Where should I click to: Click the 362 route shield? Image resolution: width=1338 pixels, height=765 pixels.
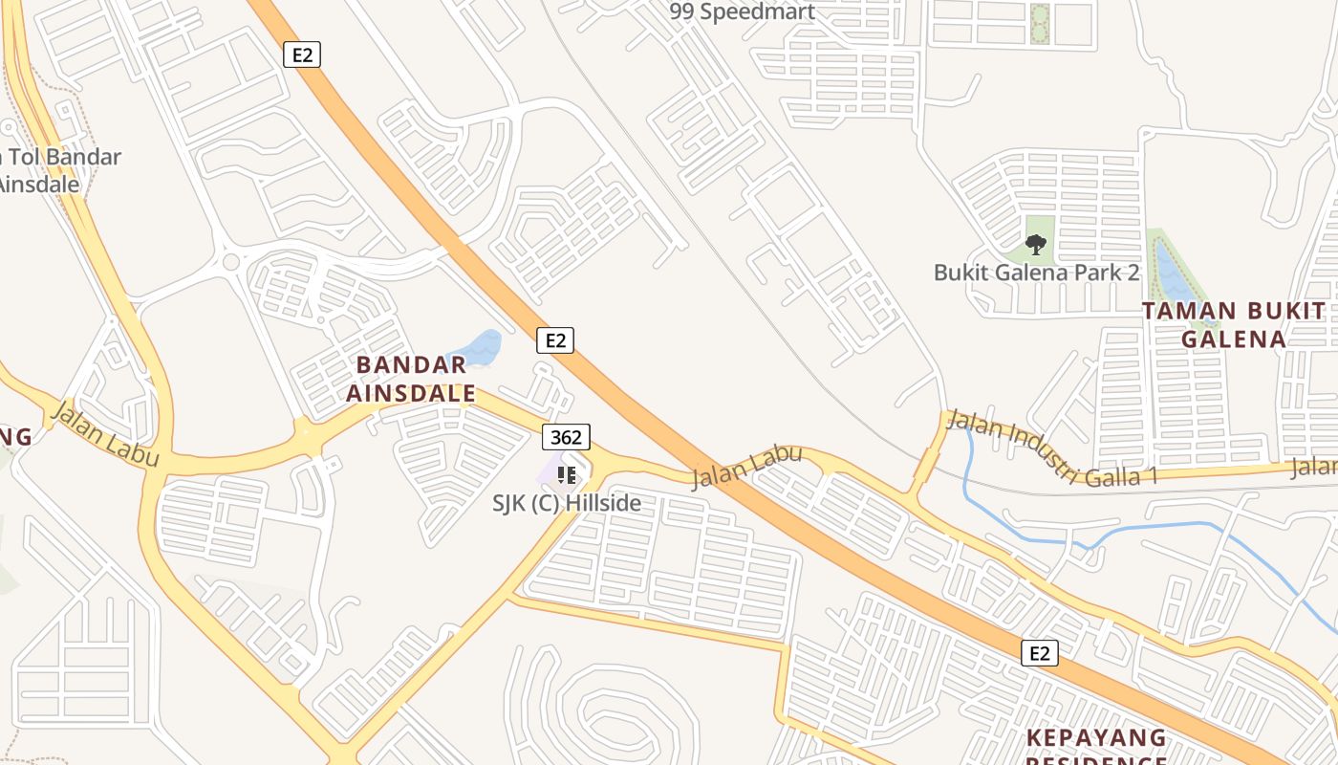point(567,437)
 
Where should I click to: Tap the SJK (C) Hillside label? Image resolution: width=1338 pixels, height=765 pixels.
point(567,503)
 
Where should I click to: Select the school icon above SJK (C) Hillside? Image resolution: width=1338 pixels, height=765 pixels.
point(567,474)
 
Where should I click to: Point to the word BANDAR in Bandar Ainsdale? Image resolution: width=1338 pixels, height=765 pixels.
point(411,364)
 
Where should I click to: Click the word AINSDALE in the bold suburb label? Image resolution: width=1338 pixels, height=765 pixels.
point(411,393)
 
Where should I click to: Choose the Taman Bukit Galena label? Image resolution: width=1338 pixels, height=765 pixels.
point(1233,325)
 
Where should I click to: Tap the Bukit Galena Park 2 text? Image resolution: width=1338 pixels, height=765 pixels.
point(1037,273)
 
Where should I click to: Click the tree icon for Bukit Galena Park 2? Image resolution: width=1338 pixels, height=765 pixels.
point(1036,246)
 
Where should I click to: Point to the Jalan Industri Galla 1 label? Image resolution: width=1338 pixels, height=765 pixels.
point(1051,448)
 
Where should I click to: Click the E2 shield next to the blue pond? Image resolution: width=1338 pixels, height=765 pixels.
point(554,339)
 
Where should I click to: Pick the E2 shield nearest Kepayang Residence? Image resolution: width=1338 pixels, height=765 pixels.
point(1040,653)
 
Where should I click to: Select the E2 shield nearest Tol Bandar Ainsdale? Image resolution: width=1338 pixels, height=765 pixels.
point(302,55)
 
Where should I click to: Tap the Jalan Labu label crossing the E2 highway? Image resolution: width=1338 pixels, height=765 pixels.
point(746,466)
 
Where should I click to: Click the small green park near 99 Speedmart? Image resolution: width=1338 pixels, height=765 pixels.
point(1040,23)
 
